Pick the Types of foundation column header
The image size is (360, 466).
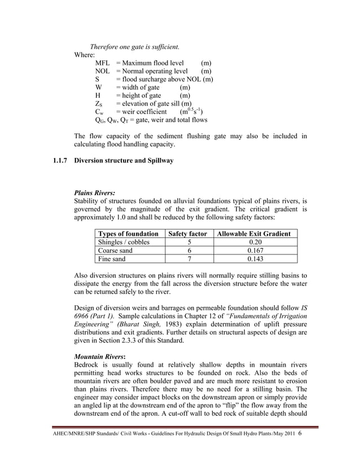coord(128,234)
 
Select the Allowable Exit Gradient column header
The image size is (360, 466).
coord(254,234)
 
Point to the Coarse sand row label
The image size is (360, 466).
coord(115,250)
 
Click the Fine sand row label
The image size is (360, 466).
coord(112,259)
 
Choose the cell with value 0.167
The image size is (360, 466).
coord(254,250)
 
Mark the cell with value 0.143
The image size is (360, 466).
coord(254,259)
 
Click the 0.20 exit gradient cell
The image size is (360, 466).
coord(254,242)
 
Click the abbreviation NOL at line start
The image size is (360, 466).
coord(103,71)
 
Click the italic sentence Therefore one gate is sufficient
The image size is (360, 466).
coord(135,46)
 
